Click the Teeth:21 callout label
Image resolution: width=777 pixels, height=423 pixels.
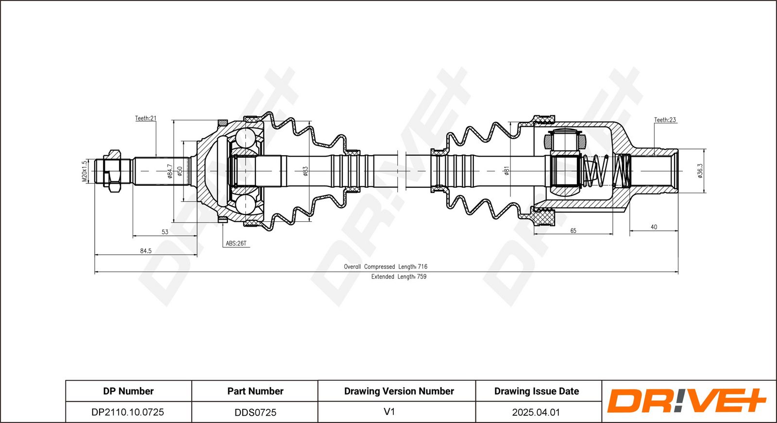[x=146, y=118]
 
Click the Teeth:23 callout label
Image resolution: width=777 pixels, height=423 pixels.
[x=665, y=120]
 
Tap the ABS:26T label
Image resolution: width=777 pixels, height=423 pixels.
[x=236, y=244]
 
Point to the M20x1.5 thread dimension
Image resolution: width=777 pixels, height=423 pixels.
[x=84, y=171]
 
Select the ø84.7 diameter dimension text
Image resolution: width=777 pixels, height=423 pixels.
[x=169, y=171]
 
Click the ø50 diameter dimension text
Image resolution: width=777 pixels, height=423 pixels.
[x=179, y=171]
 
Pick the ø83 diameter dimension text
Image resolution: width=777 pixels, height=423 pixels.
[x=305, y=171]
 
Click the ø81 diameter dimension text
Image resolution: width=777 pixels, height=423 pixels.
[x=507, y=171]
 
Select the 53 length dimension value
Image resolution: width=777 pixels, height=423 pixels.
[x=165, y=232]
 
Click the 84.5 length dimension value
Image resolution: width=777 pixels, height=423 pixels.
[x=146, y=251]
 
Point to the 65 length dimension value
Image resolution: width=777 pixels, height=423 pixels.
[x=573, y=230]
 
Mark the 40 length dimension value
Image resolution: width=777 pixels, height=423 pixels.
[x=654, y=227]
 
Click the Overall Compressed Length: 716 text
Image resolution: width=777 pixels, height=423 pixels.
[x=386, y=266]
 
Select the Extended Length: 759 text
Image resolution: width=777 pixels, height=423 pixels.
[x=399, y=277]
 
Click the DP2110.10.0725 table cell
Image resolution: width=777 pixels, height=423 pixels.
[x=128, y=412]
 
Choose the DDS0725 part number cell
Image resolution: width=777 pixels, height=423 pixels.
[x=255, y=412]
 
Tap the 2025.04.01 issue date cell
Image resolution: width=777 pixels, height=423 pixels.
[x=536, y=412]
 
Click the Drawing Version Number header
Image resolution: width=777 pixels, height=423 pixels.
[x=399, y=391]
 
